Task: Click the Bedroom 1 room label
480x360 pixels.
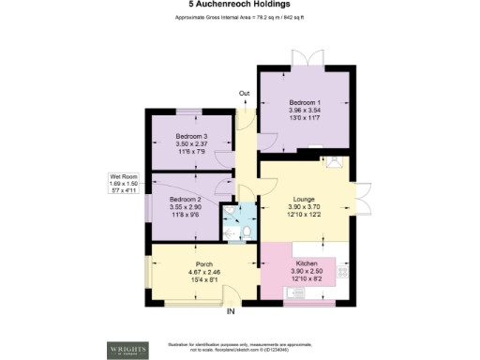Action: click(305, 101)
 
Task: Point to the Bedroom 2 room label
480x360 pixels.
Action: click(185, 200)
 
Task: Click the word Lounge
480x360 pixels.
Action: click(303, 200)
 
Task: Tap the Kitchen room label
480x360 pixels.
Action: click(307, 264)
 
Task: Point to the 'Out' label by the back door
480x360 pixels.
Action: click(244, 93)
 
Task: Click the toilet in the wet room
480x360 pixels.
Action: click(242, 231)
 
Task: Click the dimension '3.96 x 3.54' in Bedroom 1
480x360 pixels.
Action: click(305, 110)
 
